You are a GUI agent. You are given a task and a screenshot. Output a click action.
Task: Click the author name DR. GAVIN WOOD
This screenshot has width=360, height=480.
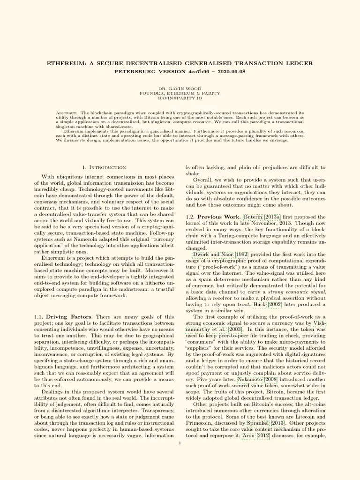tap(180, 88)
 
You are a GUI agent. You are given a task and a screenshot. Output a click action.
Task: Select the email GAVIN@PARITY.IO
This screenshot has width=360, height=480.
tap(180, 98)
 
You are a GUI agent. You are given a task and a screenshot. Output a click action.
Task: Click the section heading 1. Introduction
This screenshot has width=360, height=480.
tap(104, 167)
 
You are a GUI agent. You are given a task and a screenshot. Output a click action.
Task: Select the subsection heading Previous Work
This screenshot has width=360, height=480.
tap(218, 217)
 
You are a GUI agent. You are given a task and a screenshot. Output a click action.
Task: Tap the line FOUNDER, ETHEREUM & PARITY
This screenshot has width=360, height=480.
tap(180, 93)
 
